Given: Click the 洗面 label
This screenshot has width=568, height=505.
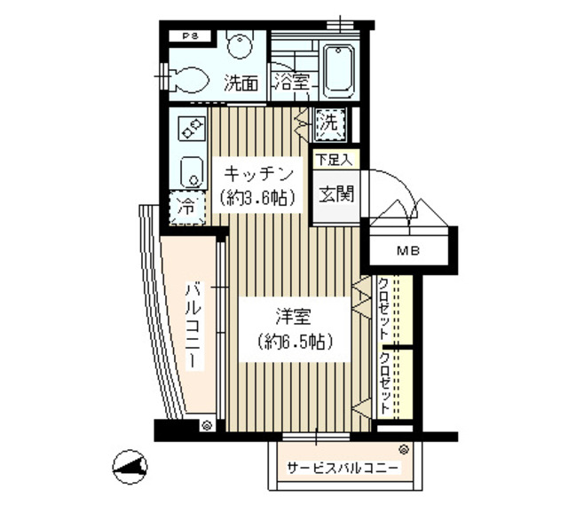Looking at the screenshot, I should pyautogui.click(x=241, y=85).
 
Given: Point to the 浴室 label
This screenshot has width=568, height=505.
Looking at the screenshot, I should pyautogui.click(x=291, y=85).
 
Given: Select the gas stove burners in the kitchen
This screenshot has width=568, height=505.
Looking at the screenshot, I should pyautogui.click(x=191, y=130).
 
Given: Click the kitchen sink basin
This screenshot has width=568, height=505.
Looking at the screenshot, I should pyautogui.click(x=191, y=170).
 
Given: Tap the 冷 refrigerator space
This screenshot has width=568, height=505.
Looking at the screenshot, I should pyautogui.click(x=187, y=209).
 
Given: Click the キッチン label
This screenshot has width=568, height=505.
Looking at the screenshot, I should pyautogui.click(x=257, y=172).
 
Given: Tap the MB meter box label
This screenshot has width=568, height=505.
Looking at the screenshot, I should pyautogui.click(x=409, y=251).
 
